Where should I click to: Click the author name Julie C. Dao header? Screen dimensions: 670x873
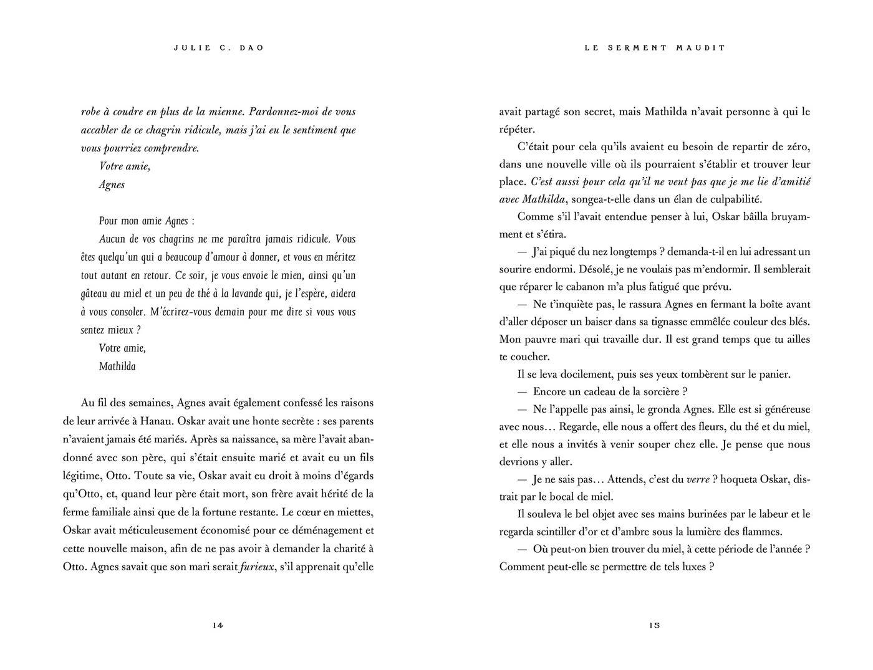(218, 48)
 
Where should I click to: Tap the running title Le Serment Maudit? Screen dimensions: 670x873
(655, 48)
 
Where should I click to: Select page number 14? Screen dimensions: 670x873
(218, 626)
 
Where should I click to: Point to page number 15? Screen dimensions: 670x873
(654, 626)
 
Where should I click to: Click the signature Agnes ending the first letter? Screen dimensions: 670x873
(112, 184)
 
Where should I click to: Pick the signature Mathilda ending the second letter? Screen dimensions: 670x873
(117, 366)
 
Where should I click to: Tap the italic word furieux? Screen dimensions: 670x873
(258, 567)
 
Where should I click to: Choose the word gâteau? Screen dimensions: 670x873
(96, 294)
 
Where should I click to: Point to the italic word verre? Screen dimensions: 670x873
(698, 480)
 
